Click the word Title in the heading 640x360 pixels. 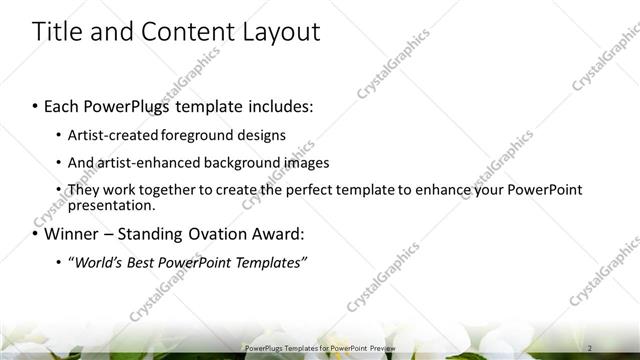click(56, 32)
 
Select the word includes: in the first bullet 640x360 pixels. click(280, 106)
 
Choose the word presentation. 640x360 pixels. click(111, 205)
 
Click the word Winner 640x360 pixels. click(72, 235)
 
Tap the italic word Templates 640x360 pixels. click(270, 263)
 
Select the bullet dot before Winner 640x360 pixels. click(36, 236)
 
